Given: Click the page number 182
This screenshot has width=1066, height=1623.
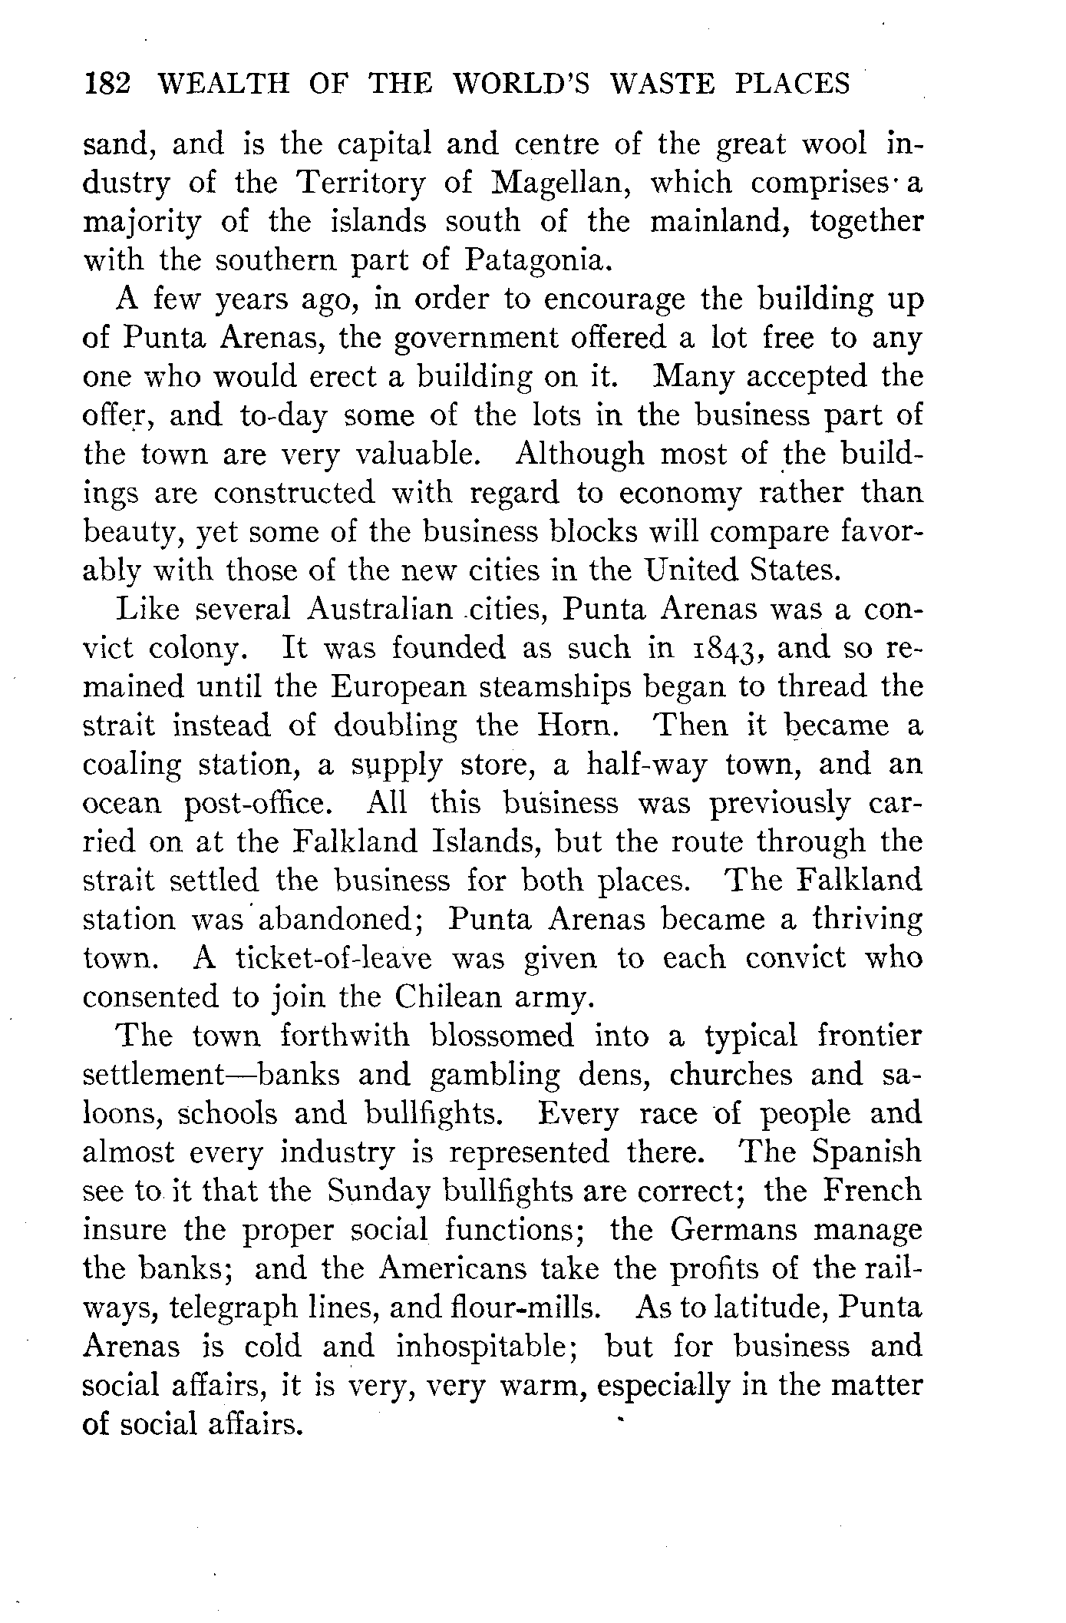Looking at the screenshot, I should pyautogui.click(x=108, y=83).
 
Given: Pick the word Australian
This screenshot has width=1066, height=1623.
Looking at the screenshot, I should pyautogui.click(x=380, y=610).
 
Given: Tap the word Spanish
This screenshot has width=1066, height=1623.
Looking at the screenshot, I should pyautogui.click(x=866, y=1152).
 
